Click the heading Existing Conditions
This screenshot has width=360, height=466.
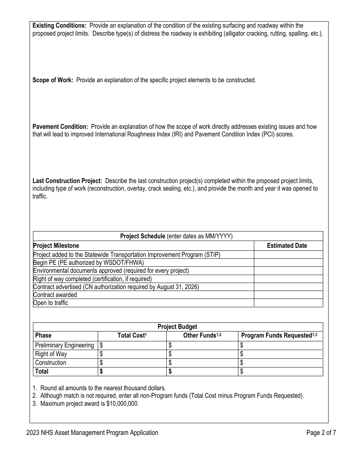(59, 25)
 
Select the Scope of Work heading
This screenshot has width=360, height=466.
(53, 80)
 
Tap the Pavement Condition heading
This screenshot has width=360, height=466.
(60, 127)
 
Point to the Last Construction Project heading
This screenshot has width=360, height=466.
(67, 181)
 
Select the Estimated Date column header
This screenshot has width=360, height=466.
(287, 246)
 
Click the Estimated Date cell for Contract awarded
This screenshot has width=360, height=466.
(288, 295)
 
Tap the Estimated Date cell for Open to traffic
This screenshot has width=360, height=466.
(288, 303)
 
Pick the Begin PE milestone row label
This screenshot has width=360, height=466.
(89, 263)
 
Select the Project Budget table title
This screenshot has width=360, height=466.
(177, 327)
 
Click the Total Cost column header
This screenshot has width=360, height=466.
(132, 335)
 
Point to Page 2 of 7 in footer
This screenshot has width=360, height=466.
(321, 433)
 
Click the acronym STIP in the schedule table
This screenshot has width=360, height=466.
(211, 255)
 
